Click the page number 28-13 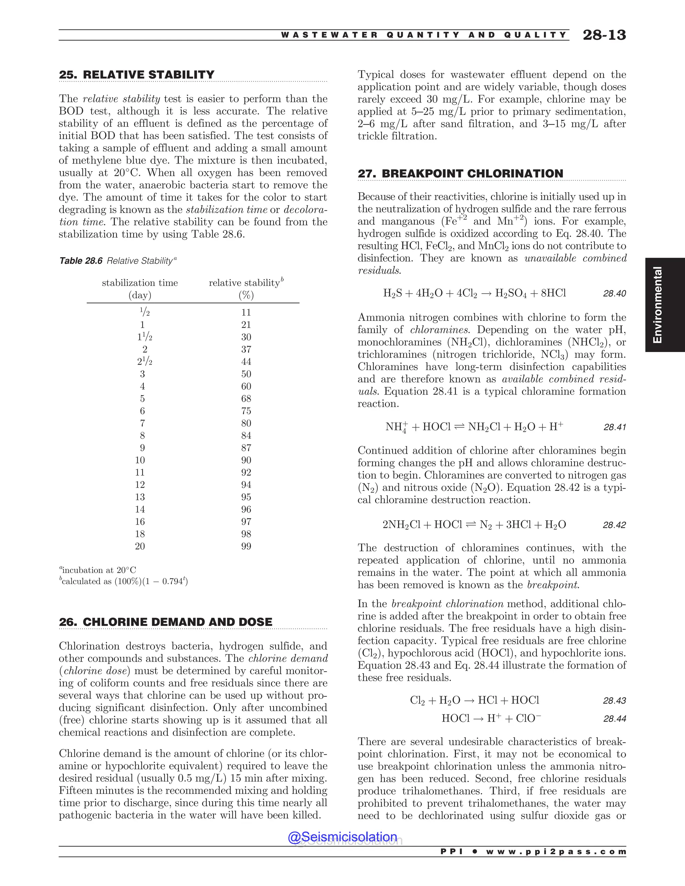[604, 35]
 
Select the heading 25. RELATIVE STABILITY [136, 75]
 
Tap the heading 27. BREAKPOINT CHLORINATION [460, 174]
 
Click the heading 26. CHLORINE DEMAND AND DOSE [165, 622]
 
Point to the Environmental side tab [657, 305]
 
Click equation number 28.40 [614, 293]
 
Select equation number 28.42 [614, 525]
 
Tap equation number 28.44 [614, 719]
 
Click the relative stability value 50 [246, 374]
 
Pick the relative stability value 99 [246, 546]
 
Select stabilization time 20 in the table [140, 546]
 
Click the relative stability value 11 [246, 312]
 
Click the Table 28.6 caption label [81, 261]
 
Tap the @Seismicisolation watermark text [342, 837]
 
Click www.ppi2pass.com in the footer [556, 852]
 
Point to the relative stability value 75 [246, 411]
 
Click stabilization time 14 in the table [140, 510]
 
